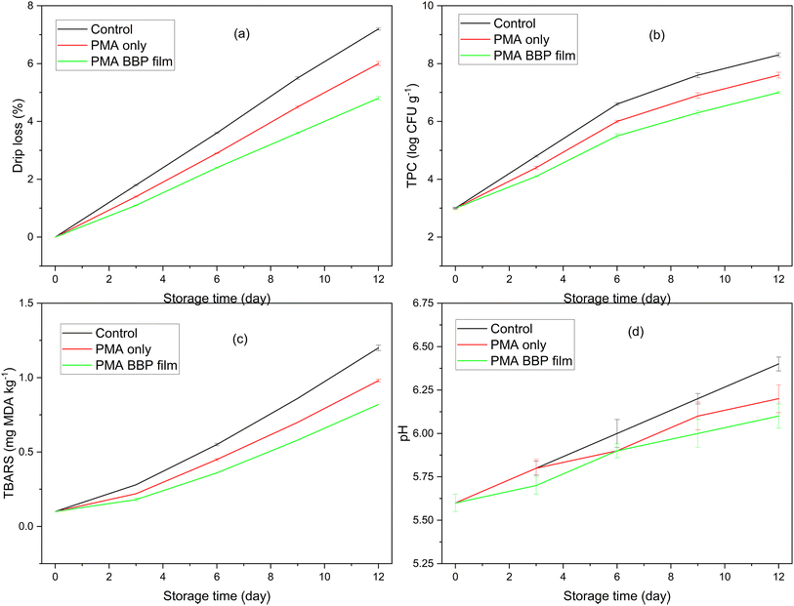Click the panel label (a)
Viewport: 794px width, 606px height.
(x=241, y=34)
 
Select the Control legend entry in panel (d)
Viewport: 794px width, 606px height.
(x=520, y=329)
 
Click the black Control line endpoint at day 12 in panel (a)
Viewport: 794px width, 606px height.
(x=378, y=29)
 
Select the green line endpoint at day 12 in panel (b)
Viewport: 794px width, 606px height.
(x=778, y=93)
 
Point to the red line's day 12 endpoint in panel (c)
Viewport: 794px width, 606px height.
(x=378, y=381)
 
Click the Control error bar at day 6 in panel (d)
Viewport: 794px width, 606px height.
(x=617, y=433)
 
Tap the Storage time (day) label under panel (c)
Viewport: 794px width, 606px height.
(x=217, y=595)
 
